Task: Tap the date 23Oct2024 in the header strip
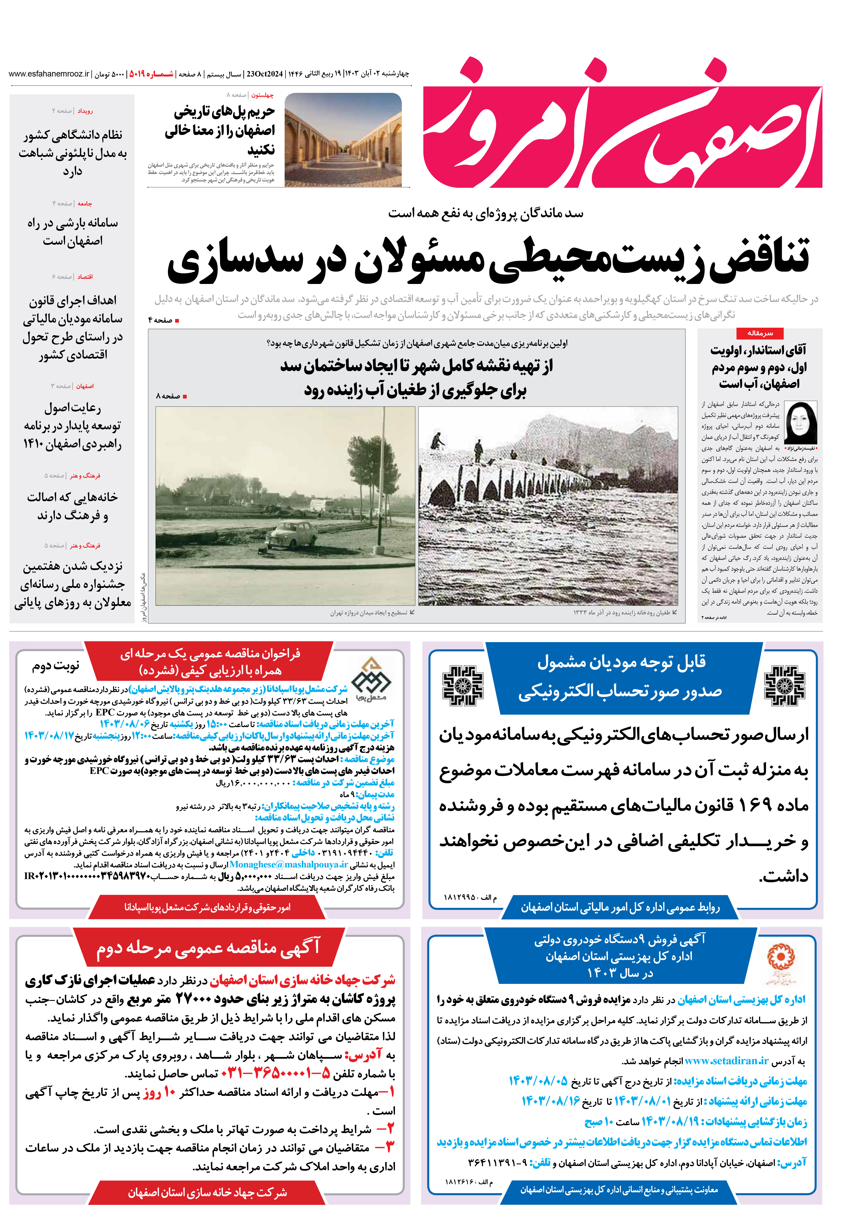coord(264,74)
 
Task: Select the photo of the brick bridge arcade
coord(343,140)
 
